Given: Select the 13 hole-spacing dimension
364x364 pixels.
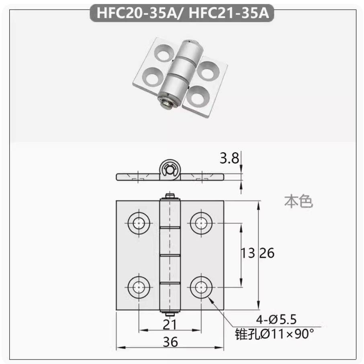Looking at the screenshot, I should (247, 253).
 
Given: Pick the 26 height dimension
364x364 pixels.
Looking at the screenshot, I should (266, 253).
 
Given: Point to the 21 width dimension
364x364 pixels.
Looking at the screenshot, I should (170, 324).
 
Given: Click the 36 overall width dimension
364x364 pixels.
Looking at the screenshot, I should (170, 342).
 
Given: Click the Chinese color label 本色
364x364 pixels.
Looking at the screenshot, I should (299, 201).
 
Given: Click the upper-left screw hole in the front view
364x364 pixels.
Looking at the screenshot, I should (139, 222).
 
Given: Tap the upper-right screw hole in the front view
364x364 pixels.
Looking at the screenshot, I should (200, 222).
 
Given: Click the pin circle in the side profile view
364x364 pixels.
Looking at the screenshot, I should (170, 170).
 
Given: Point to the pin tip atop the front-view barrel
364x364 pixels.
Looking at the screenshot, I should (170, 197).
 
